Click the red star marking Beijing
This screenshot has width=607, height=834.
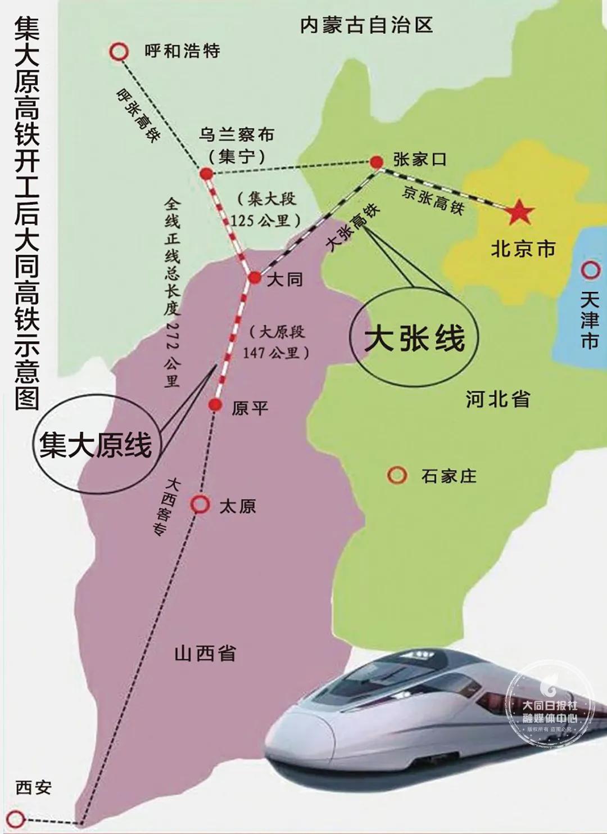pos(518,213)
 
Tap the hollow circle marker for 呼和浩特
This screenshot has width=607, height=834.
pos(119,52)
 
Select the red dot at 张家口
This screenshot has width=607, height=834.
pos(376,162)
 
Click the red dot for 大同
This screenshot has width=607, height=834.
pos(255,277)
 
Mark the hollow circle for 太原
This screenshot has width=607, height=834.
pos(200,504)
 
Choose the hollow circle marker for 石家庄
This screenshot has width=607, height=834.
pos(397,475)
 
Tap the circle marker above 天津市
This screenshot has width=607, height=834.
pos(590,271)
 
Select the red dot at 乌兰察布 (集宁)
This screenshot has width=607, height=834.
pos(206,174)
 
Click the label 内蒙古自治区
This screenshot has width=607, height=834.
pos(366,25)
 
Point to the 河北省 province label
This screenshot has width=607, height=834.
pos(498,399)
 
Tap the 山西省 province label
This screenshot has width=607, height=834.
pos(205,653)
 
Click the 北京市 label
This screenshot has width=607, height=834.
pos(523,249)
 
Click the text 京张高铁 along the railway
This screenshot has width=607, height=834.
pos(433,200)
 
